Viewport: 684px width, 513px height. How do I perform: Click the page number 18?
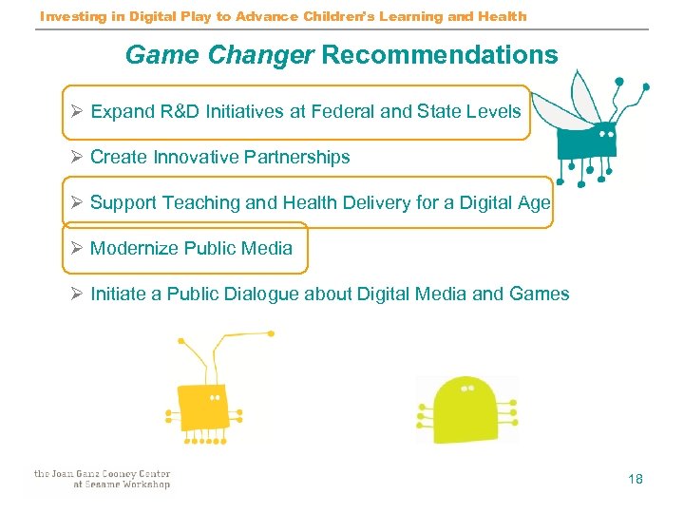[636, 479]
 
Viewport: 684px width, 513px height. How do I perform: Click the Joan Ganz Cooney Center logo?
[102, 479]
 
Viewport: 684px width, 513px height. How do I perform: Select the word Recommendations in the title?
[440, 55]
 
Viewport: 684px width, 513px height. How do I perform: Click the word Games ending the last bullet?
[540, 294]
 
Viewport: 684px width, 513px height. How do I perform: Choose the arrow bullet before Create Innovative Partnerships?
[76, 158]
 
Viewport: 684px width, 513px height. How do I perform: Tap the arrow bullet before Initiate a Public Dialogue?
[76, 294]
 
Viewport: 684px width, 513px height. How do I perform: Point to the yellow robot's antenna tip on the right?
[271, 333]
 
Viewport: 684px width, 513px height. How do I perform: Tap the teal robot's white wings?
[582, 95]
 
